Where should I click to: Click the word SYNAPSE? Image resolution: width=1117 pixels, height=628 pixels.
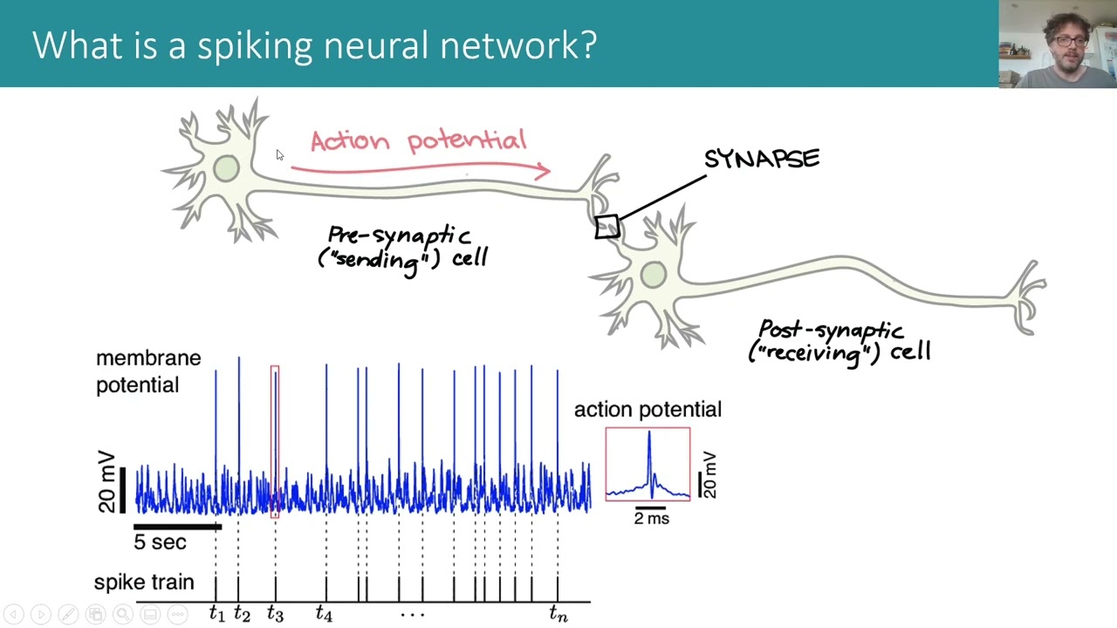click(762, 159)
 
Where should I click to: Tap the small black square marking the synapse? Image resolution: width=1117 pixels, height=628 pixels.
click(607, 227)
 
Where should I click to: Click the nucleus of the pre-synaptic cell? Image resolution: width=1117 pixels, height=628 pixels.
click(226, 168)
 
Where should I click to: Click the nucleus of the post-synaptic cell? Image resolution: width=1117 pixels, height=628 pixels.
click(654, 276)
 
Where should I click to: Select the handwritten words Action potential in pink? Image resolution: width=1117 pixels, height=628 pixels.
click(418, 140)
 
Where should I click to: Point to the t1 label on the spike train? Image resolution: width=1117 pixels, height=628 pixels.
click(216, 615)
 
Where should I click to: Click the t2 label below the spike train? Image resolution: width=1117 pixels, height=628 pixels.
click(242, 615)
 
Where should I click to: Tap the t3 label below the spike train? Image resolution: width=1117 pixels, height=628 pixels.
click(275, 615)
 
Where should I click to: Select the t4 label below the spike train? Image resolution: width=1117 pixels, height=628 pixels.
click(324, 615)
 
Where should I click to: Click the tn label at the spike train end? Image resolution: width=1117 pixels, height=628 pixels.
click(558, 615)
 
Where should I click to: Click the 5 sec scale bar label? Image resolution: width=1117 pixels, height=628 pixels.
click(160, 543)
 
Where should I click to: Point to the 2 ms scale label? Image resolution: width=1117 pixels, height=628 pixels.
click(652, 518)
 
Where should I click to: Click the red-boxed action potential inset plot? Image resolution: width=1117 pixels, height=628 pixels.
click(648, 464)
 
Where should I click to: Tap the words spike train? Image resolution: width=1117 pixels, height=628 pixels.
click(144, 583)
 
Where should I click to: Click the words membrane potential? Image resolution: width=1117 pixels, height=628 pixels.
click(147, 372)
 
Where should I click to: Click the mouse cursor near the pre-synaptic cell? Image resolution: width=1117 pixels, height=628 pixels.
click(279, 155)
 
